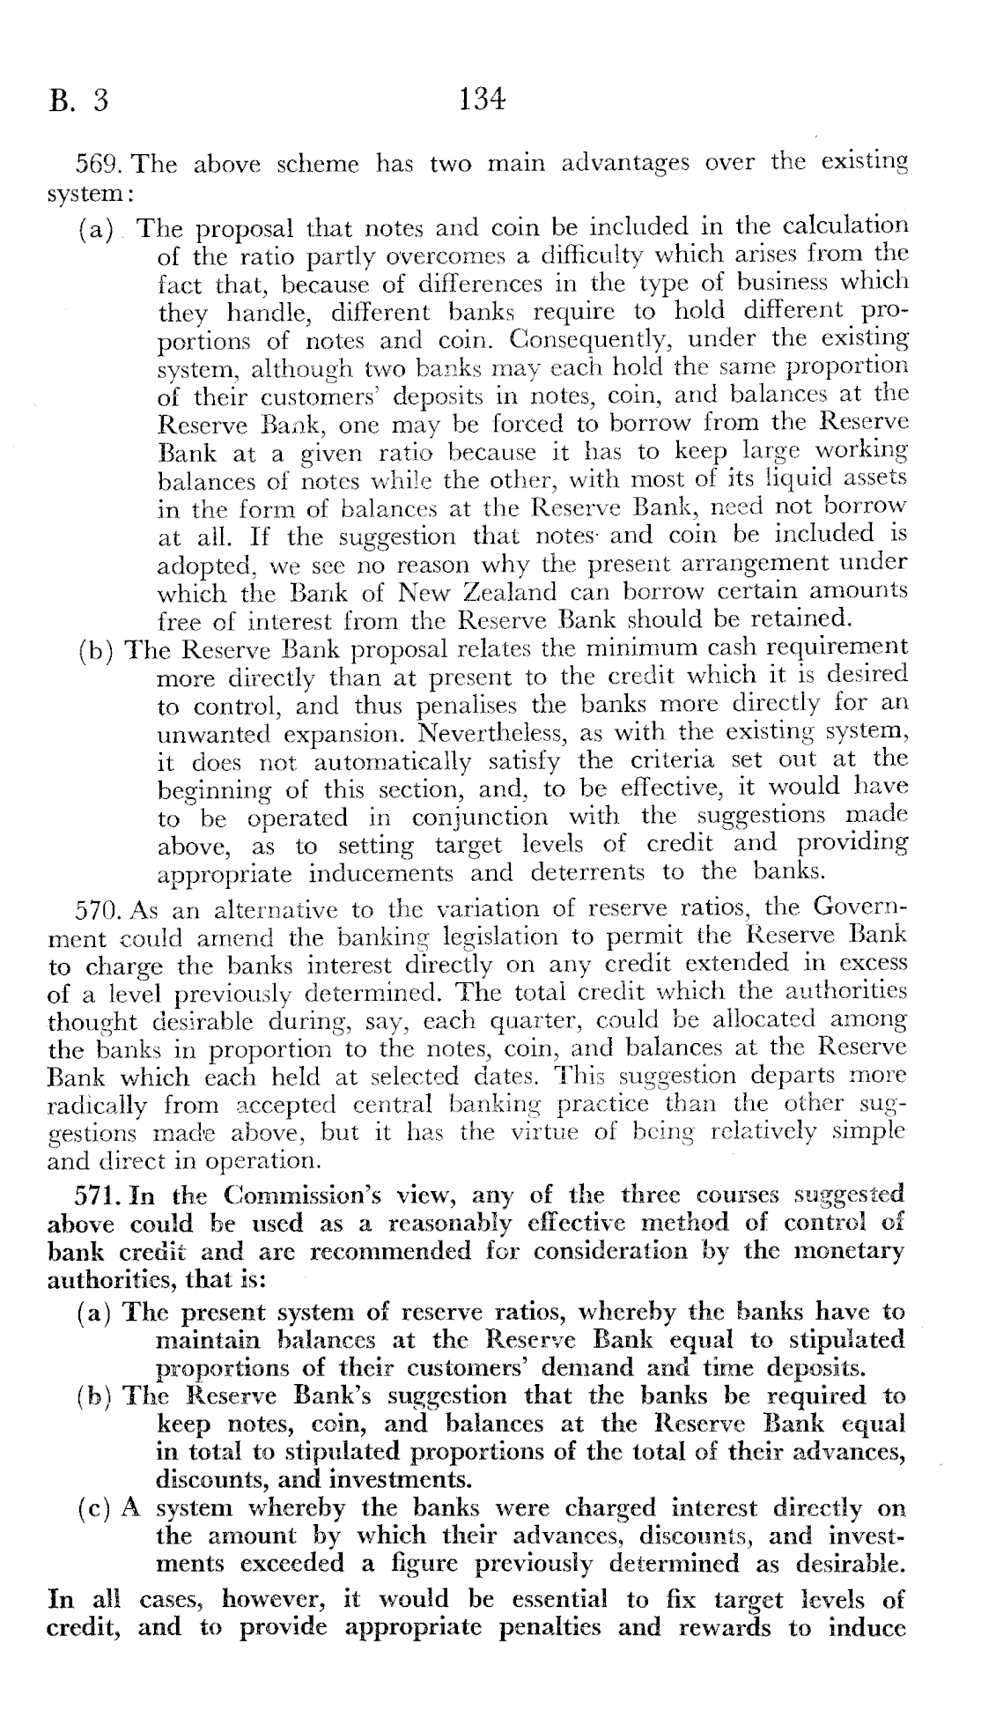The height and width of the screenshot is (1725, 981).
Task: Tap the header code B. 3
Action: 79,101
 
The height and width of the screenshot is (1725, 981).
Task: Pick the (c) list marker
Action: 96,1507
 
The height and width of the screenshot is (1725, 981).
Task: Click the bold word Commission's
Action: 295,1196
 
